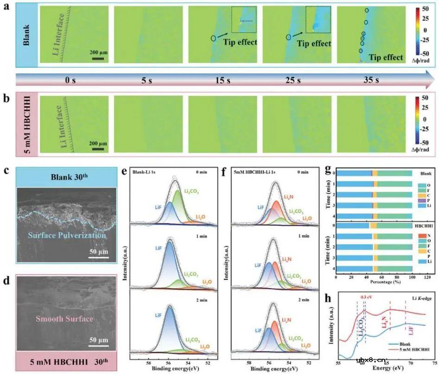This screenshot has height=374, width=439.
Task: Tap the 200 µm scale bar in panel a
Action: tap(97, 58)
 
